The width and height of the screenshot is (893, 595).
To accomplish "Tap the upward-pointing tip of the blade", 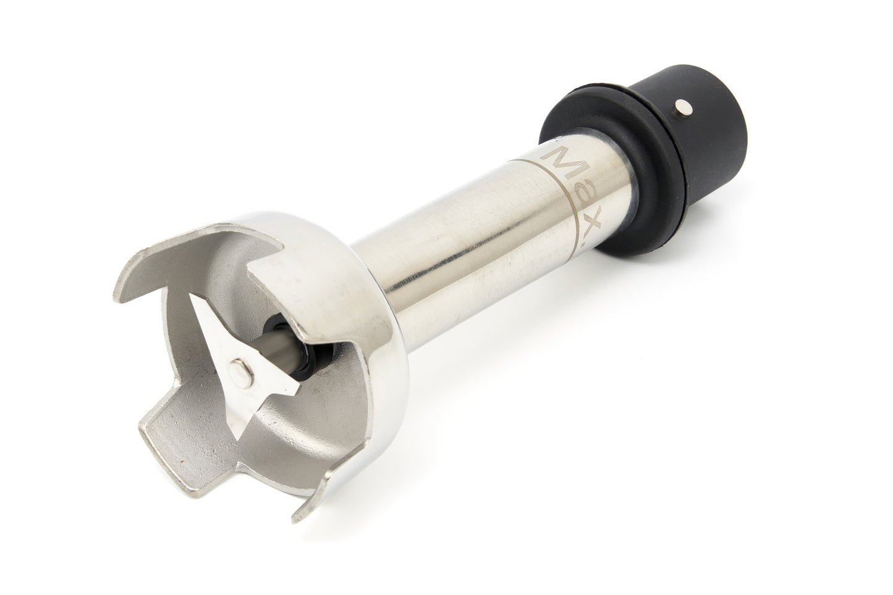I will (192, 295).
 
